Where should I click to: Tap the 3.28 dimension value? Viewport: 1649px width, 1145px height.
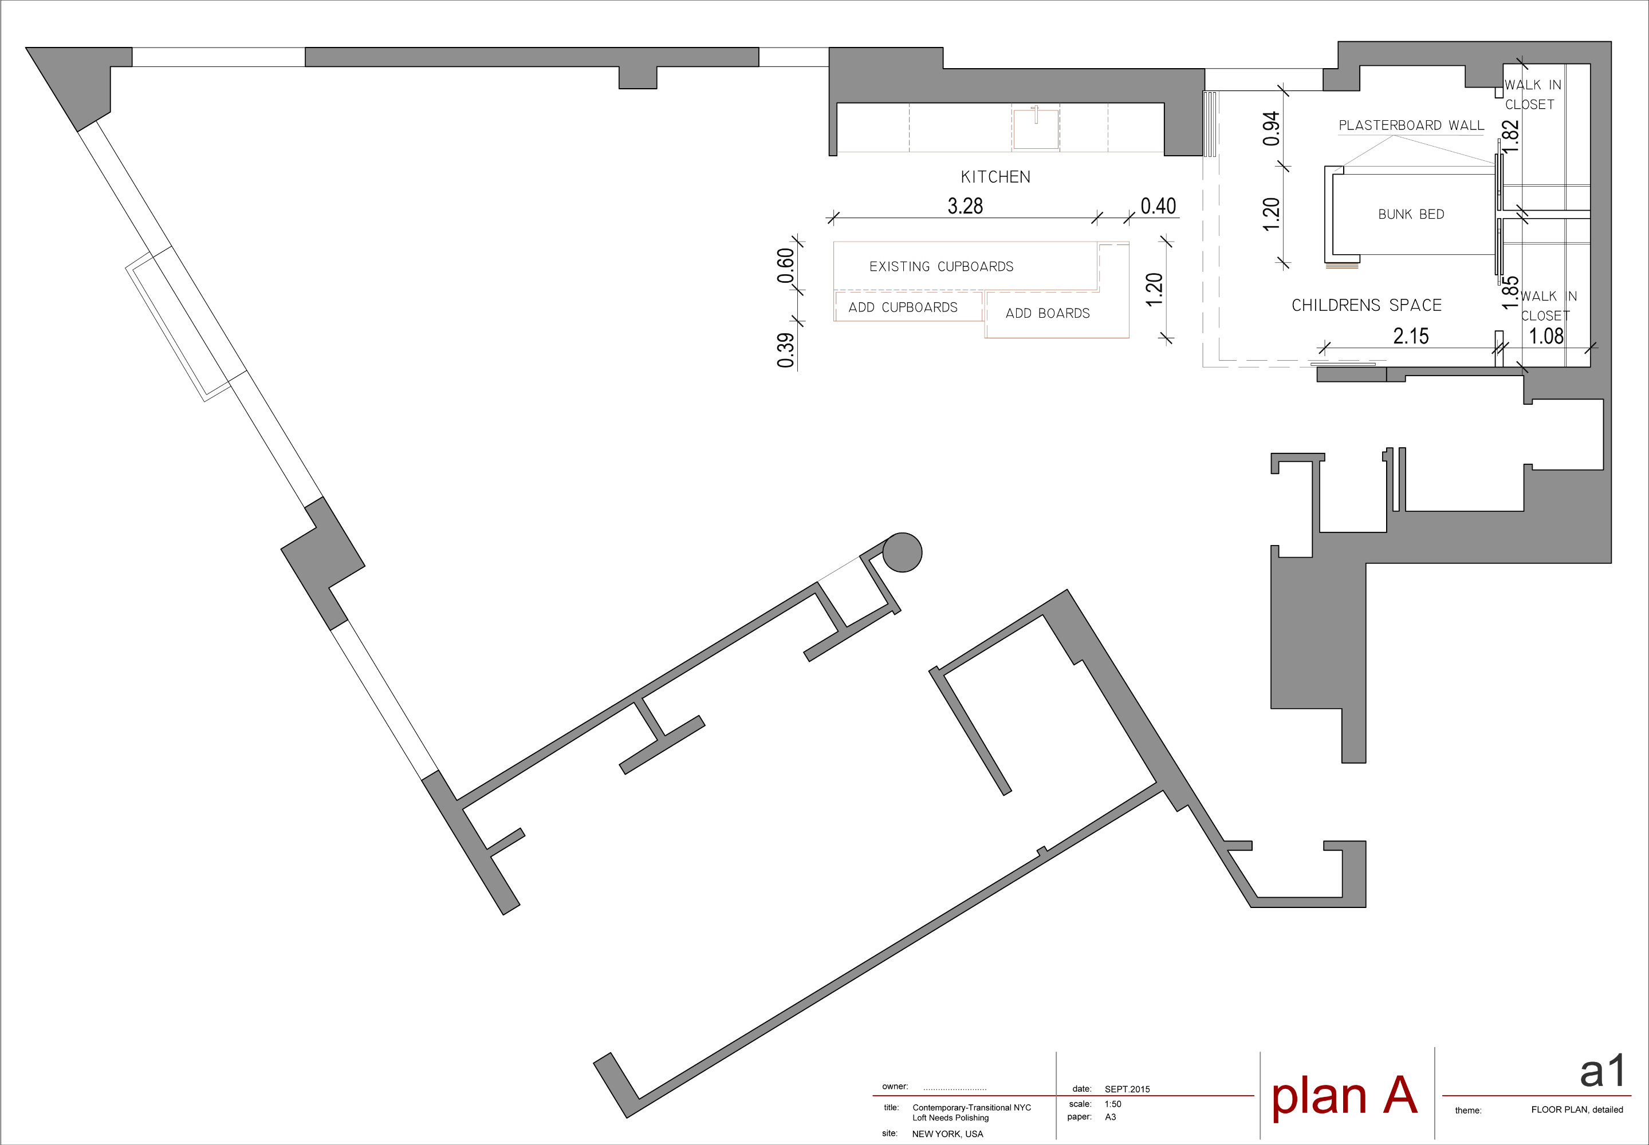tap(965, 206)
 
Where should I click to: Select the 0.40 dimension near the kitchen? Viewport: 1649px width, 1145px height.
tap(1158, 206)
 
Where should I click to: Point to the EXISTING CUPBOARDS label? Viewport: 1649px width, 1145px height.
tap(942, 267)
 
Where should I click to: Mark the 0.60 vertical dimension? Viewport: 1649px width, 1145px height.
tap(786, 266)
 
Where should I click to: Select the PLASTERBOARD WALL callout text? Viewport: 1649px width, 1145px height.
tap(1411, 125)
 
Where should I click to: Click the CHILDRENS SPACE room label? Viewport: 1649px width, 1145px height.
tap(1366, 306)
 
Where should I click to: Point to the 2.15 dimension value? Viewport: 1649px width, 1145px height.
tap(1411, 335)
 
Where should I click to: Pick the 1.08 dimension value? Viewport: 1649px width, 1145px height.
tap(1546, 335)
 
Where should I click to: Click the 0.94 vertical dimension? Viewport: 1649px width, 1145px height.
tap(1271, 128)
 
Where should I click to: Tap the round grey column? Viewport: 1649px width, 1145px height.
tap(902, 552)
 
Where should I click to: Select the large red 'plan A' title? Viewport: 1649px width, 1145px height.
tap(1344, 1096)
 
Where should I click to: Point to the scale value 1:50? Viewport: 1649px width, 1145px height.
tap(1113, 1104)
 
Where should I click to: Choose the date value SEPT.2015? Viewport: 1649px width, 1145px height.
tap(1127, 1089)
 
